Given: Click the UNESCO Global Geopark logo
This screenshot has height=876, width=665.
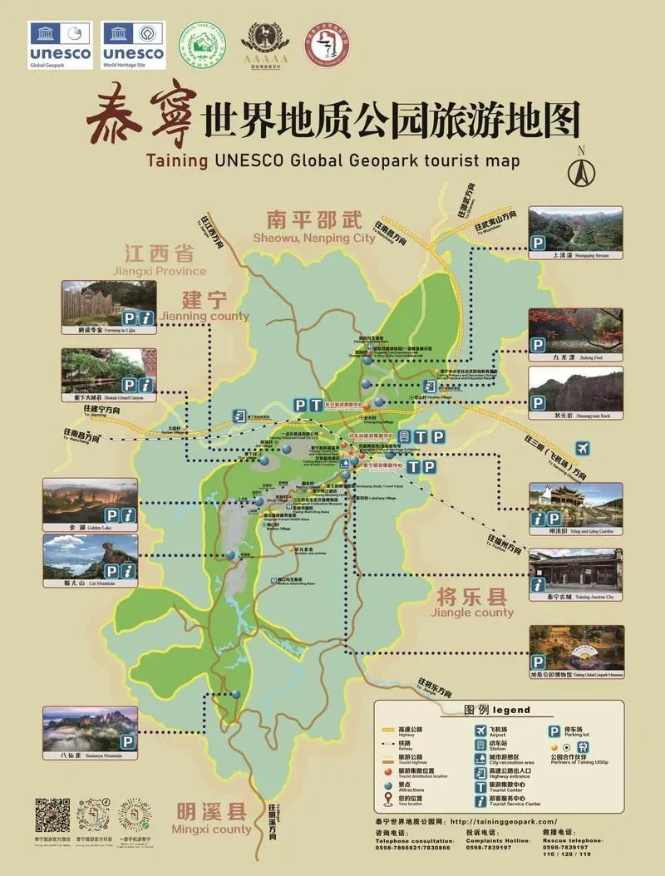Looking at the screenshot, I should point(61,45).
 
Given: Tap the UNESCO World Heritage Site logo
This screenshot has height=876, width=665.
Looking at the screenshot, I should point(133,45).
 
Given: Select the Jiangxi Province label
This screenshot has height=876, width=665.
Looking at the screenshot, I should point(160,258).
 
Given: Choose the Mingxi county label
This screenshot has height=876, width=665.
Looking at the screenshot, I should point(211,818).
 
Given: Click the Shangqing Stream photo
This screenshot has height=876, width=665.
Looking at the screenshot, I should point(575,228).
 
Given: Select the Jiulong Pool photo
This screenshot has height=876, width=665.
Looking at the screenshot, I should point(575,330).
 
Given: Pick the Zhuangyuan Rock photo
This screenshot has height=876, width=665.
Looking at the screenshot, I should point(575,387).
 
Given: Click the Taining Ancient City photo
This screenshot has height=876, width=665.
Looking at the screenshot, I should point(575,569).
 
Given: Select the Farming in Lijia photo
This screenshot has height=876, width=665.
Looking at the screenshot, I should point(109,303).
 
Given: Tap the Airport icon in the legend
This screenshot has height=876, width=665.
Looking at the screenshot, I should point(480,731).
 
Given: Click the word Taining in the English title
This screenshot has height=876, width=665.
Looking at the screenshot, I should point(176,160).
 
